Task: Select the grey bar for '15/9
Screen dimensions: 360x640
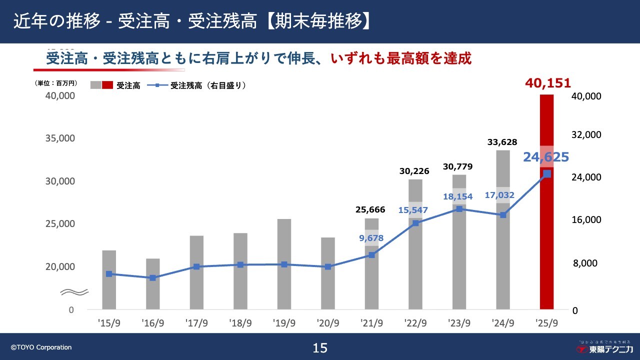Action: coord(109,280)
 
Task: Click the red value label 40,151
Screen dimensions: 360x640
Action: coord(547,83)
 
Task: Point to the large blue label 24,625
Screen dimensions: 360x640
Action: coord(546,157)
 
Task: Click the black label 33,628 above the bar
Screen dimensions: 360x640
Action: coord(502,142)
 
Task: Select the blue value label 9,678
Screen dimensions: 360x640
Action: coord(371,238)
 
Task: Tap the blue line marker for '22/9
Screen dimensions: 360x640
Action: coord(415,223)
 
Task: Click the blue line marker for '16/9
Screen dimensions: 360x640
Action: coord(153,277)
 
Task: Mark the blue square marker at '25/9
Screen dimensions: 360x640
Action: coord(547,174)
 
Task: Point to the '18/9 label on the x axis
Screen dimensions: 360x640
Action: coord(240,323)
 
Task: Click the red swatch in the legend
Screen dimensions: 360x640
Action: coord(107,85)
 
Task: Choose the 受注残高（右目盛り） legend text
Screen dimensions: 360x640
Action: coord(208,85)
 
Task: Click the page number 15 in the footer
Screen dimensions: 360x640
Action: coord(320,348)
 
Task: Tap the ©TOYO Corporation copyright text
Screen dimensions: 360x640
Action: coord(41,347)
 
